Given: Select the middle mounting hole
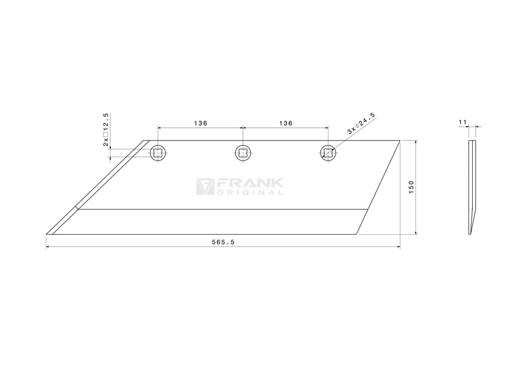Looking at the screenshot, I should (x=243, y=153).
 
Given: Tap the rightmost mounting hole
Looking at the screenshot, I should (x=328, y=153).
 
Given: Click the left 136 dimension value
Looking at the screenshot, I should (x=200, y=123).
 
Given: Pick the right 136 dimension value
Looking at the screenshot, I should (x=285, y=123).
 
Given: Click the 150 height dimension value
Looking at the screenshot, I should (x=411, y=187).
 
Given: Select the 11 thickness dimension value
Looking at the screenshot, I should (x=463, y=121).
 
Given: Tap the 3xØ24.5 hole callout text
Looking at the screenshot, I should (x=361, y=123).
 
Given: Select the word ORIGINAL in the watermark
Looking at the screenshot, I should (x=250, y=193).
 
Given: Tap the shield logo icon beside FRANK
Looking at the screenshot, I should (x=205, y=187).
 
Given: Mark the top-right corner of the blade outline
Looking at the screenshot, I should (x=400, y=140).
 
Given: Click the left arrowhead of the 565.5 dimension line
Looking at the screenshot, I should (x=48, y=247).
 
